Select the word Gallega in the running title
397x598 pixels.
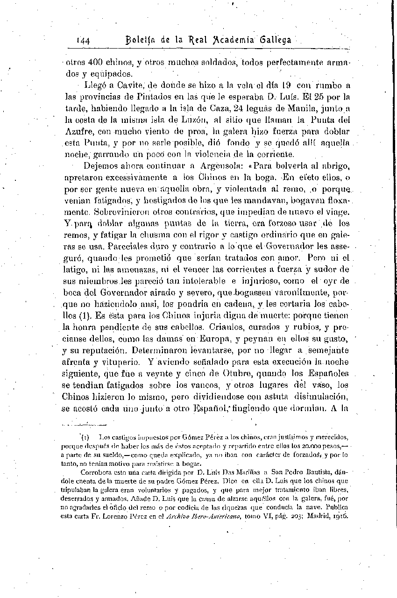275,40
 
